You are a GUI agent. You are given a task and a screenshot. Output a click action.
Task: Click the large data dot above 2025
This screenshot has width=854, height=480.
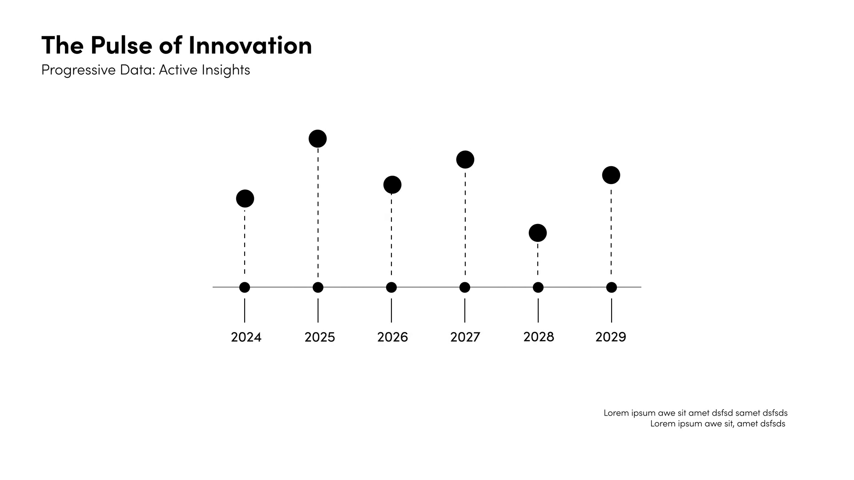(318, 139)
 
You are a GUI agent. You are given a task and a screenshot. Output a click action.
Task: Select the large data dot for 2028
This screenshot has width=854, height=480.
(538, 233)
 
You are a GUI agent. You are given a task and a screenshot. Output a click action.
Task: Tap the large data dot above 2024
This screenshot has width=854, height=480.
(245, 199)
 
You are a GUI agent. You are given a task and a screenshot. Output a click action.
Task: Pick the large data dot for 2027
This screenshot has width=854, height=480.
(465, 160)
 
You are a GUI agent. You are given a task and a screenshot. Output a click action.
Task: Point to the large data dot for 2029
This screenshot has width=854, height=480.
(611, 175)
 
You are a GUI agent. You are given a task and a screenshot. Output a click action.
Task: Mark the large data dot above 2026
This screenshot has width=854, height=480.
(392, 185)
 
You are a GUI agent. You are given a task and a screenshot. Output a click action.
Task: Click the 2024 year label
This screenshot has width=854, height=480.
(246, 337)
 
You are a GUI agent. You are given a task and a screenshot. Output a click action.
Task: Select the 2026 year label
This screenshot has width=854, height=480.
(392, 337)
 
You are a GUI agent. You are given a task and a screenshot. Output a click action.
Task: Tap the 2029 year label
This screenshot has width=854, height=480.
(611, 337)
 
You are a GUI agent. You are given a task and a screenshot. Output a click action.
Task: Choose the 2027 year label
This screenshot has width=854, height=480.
(465, 337)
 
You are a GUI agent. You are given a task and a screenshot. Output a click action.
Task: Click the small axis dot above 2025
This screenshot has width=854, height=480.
(318, 288)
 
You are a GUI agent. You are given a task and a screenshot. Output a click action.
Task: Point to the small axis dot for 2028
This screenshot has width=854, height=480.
(538, 288)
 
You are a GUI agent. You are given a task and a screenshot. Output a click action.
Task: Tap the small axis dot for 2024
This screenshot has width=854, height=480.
(245, 288)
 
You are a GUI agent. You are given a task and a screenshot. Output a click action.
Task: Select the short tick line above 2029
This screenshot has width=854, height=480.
(612, 310)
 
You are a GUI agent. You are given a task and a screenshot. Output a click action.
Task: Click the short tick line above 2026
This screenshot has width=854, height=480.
(391, 310)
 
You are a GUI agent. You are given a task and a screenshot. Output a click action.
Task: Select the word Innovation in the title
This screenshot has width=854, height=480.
(250, 45)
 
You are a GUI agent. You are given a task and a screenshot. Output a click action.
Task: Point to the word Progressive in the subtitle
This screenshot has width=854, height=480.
(78, 70)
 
